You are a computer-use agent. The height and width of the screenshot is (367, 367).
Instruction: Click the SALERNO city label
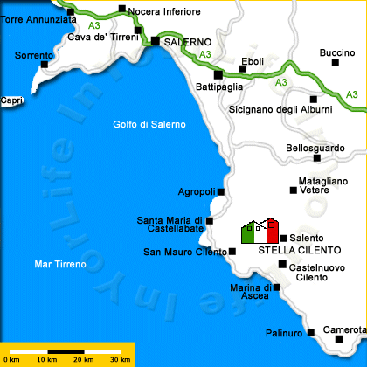188,41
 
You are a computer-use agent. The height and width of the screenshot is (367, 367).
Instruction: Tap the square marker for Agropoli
221,191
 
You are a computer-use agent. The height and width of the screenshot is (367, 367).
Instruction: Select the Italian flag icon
260,232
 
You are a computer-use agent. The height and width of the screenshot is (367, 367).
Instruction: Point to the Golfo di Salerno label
149,124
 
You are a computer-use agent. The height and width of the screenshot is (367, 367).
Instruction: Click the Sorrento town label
34,55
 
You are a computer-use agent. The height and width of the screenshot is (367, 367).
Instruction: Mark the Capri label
11,100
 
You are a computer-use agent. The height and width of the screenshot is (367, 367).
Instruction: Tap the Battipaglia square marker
218,74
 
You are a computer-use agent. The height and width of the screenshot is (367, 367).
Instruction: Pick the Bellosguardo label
315,149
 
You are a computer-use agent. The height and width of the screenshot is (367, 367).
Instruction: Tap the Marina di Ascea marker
277,287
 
